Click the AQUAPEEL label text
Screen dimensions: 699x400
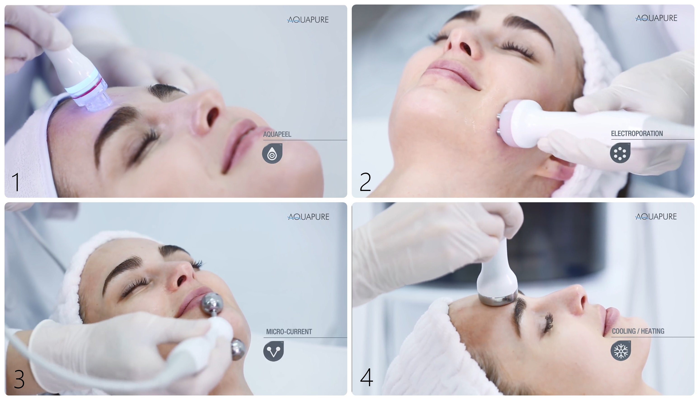pos(277,134)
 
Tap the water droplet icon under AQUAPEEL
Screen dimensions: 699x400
pos(272,153)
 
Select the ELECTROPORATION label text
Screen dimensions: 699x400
pos(637,134)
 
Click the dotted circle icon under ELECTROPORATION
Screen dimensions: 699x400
pos(620,153)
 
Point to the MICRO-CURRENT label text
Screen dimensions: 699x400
pos(289,332)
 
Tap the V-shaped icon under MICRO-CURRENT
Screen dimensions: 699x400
pos(273,351)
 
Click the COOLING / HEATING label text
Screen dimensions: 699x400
pos(638,331)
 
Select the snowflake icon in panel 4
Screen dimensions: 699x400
pos(621,351)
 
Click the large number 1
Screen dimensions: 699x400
pos(16,182)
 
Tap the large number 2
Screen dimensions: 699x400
pos(365,182)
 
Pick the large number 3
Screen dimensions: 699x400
pos(19,379)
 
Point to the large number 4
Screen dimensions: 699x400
pos(366,377)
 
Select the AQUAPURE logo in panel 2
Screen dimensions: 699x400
pos(656,18)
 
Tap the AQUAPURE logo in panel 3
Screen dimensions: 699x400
pos(308,217)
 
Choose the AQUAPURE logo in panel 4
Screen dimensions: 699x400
pos(656,216)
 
